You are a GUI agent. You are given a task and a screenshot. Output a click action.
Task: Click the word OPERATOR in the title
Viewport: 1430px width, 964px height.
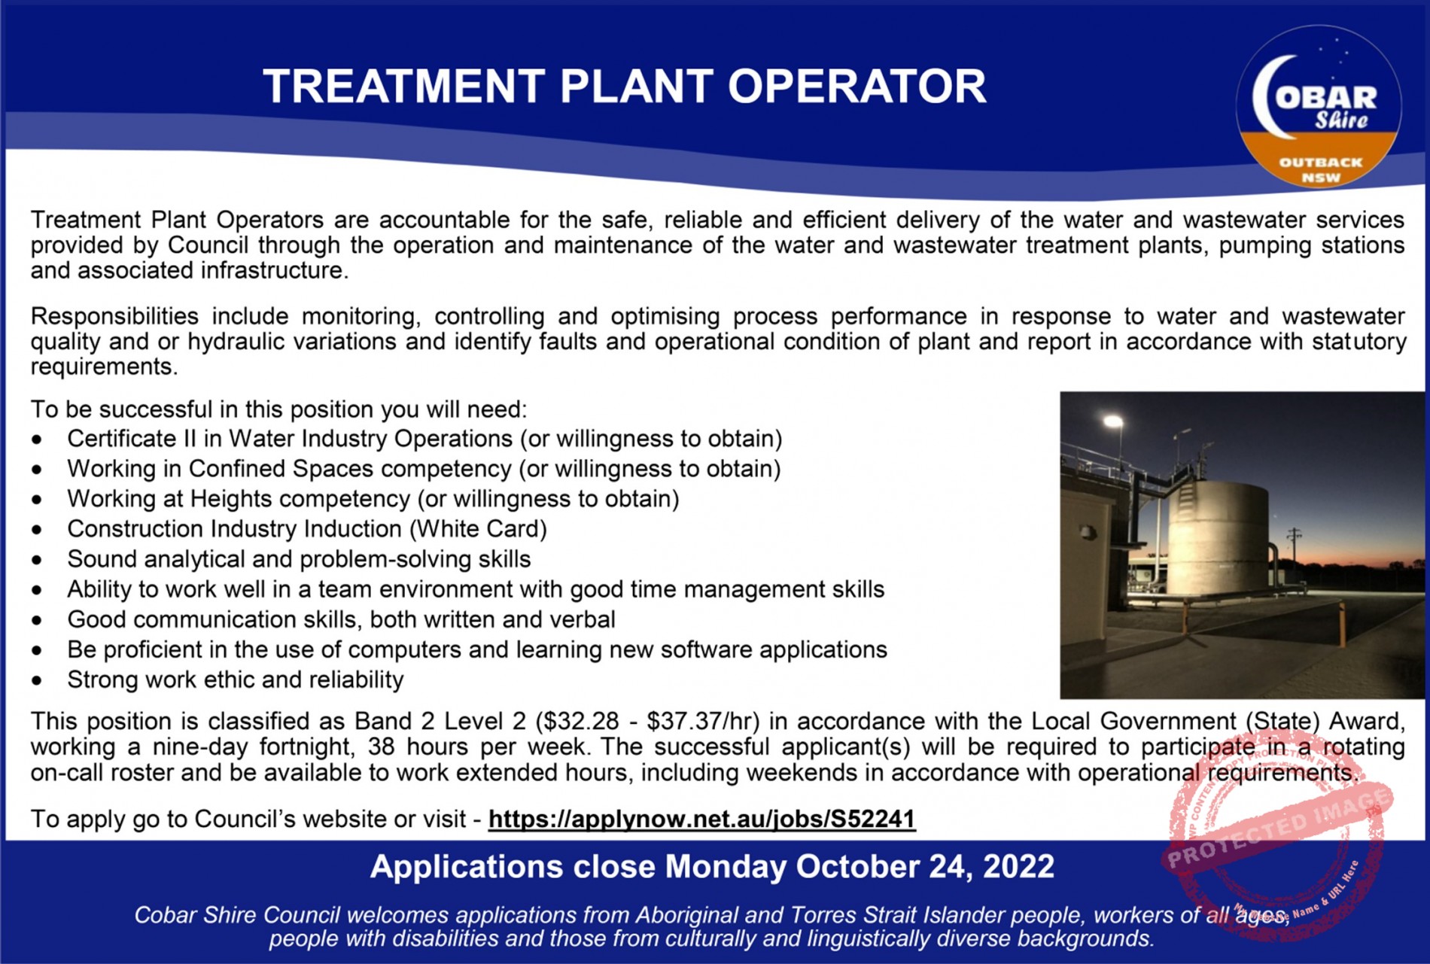(857, 86)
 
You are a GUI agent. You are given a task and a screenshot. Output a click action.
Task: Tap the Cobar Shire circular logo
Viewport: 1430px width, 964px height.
(1319, 107)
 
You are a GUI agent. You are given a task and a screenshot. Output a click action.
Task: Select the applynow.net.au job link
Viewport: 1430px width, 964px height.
(701, 819)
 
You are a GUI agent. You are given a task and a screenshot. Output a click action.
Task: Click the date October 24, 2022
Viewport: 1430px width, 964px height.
(925, 867)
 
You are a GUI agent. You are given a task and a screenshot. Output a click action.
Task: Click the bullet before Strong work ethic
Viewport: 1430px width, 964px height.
(37, 681)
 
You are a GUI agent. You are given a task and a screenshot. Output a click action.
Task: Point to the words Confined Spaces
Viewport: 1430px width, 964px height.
(281, 469)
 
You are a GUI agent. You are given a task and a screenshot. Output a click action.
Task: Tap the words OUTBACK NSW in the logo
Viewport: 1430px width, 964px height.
(1321, 170)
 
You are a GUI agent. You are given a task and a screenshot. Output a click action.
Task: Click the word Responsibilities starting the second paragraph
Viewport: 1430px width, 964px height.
(114, 316)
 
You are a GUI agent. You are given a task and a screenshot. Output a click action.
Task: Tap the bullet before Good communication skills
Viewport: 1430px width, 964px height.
(37, 621)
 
